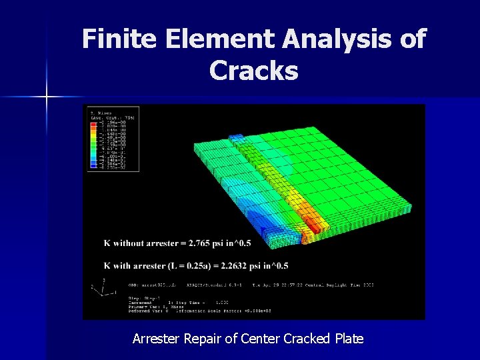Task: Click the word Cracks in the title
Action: (253, 70)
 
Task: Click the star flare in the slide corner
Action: (47, 97)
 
